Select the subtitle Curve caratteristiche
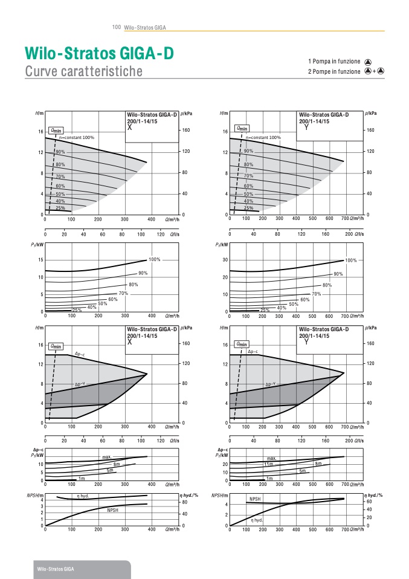84,71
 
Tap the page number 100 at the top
117,27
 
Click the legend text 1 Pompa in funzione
334,61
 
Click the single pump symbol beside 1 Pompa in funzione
369,62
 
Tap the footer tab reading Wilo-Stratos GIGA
56,569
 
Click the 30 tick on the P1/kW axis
224,260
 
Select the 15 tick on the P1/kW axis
40,260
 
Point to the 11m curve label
268,464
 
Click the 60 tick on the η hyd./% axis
370,502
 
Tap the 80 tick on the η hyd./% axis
185,502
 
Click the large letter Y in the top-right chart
307,127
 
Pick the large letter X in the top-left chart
129,127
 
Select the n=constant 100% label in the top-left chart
77,137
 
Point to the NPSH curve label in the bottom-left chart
113,511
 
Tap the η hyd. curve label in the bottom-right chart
257,520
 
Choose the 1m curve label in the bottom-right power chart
269,478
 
